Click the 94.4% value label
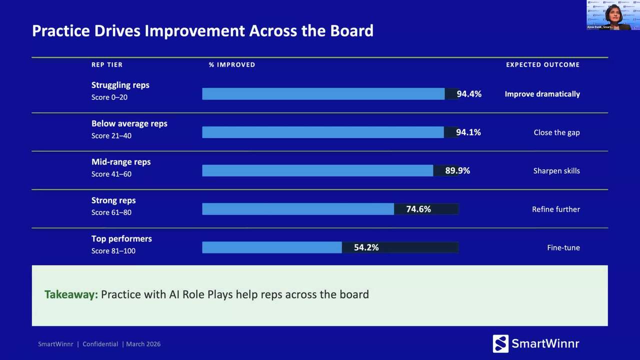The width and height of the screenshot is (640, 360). [x=468, y=94]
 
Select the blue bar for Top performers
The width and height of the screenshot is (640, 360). [x=271, y=247]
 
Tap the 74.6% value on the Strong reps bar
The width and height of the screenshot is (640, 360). [x=418, y=209]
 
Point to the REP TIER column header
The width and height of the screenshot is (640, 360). [x=106, y=64]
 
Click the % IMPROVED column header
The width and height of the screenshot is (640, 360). [x=232, y=64]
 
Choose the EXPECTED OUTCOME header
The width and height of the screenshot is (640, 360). [x=542, y=64]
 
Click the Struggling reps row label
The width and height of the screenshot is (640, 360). [x=120, y=85]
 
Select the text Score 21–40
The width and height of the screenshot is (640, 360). [x=111, y=135]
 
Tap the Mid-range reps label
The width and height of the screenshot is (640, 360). [x=120, y=162]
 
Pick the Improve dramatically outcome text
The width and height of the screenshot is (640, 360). [x=542, y=94]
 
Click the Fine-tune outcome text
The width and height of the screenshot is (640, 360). [x=563, y=247]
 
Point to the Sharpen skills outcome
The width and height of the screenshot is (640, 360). [x=556, y=171]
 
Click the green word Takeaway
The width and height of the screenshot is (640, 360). [x=71, y=294]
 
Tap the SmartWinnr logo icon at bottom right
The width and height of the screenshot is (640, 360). [x=500, y=343]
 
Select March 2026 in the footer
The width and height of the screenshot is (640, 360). [x=143, y=344]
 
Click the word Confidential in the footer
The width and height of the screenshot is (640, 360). [x=100, y=344]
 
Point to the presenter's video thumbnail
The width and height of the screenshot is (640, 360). [x=613, y=15]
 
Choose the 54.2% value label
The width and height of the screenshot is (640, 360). [x=366, y=247]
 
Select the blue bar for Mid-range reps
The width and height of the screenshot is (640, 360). [x=317, y=170]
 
